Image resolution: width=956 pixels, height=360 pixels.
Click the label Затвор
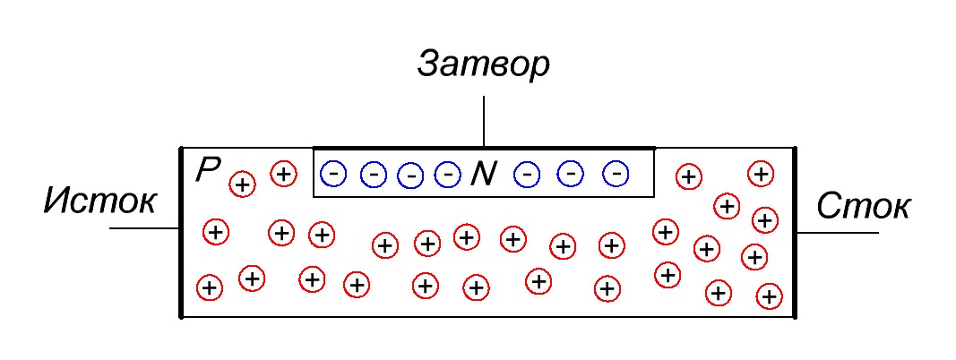pyautogui.click(x=483, y=64)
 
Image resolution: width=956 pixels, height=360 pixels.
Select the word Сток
pyautogui.click(x=864, y=207)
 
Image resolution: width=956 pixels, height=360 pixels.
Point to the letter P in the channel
pyautogui.click(x=207, y=169)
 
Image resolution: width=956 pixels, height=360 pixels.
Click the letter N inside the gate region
pyautogui.click(x=483, y=174)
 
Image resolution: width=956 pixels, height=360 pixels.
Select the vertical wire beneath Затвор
pyautogui.click(x=484, y=121)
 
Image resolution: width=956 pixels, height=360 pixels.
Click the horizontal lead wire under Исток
pyautogui.click(x=144, y=228)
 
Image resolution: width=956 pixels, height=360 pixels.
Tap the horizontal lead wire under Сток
pyautogui.click(x=837, y=232)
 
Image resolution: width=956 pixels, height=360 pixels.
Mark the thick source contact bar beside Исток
pyautogui.click(x=181, y=232)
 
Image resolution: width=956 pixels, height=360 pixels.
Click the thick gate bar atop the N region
pyautogui.click(x=484, y=148)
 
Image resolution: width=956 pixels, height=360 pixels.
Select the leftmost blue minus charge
pyautogui.click(x=332, y=171)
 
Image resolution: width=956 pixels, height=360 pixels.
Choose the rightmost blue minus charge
pyautogui.click(x=616, y=173)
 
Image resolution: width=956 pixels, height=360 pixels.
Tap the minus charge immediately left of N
pyautogui.click(x=446, y=173)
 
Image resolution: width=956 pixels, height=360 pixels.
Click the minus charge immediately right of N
pyautogui.click(x=528, y=174)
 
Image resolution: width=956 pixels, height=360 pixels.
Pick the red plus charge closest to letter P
pyautogui.click(x=242, y=184)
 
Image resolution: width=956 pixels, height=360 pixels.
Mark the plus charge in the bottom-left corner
pyautogui.click(x=209, y=287)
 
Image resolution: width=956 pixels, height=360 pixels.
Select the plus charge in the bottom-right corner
pyautogui.click(x=769, y=296)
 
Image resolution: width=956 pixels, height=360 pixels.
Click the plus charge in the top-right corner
pyautogui.click(x=760, y=173)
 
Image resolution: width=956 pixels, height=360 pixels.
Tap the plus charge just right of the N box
pyautogui.click(x=688, y=176)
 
